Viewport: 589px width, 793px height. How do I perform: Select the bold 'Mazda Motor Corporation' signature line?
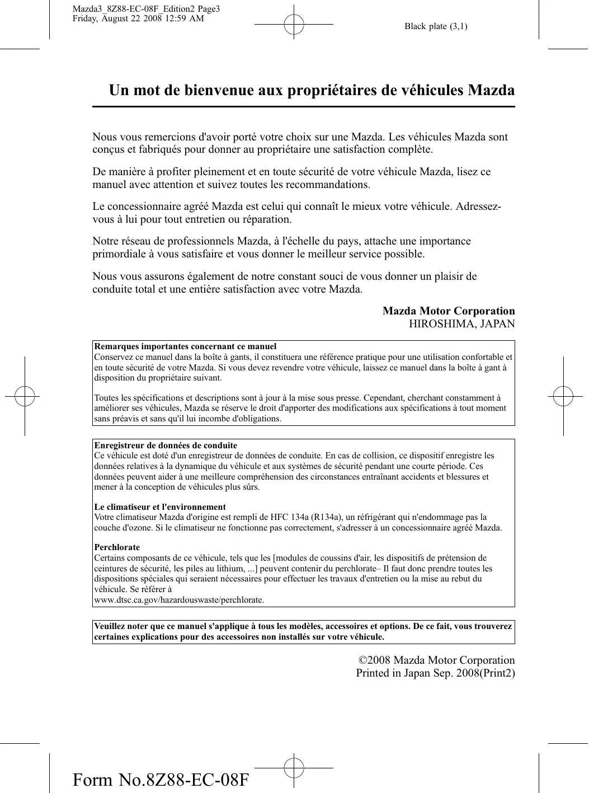point(449,311)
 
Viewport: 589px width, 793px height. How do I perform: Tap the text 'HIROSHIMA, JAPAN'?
point(461,324)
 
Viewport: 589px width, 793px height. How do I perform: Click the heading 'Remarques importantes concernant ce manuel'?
point(185,347)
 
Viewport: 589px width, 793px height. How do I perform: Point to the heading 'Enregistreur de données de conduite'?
point(166,445)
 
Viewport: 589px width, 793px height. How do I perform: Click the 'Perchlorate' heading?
point(117,547)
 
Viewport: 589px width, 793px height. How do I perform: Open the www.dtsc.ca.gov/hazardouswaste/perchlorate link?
point(179,600)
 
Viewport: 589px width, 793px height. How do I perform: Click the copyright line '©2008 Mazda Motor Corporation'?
point(436,660)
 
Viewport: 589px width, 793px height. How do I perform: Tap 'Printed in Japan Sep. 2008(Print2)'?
point(435,673)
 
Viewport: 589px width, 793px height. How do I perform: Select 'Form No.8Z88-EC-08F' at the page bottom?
point(161,780)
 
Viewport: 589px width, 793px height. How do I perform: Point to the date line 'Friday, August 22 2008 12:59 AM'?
point(138,18)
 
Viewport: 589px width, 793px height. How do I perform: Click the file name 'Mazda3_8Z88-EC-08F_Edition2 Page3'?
point(146,9)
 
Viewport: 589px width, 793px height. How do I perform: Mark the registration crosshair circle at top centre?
point(294,25)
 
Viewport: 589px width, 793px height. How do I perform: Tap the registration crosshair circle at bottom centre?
point(294,768)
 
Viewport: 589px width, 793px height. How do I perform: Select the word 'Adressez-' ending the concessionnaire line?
point(478,207)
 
